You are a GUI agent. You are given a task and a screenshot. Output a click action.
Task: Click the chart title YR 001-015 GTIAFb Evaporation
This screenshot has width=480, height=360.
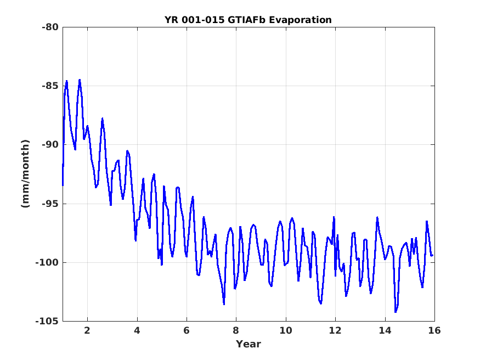coord(248,20)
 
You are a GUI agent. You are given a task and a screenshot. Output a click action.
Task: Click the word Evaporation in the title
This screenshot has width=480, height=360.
coord(300,20)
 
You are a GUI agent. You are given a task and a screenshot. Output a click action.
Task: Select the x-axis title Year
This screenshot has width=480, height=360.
coord(249,344)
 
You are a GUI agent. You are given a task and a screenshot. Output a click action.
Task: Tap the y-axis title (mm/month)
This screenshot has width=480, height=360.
coord(26,173)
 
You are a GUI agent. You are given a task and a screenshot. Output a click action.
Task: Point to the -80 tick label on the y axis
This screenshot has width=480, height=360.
coord(50,27)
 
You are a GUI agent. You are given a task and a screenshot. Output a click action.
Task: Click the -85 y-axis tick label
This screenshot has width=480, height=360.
coord(50,86)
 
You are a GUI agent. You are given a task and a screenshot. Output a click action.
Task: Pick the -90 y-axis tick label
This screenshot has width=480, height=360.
coord(50,144)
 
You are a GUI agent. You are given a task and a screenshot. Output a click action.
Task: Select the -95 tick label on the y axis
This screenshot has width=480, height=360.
coord(50,204)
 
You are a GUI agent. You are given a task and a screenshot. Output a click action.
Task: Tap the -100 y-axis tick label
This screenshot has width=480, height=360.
coord(47,262)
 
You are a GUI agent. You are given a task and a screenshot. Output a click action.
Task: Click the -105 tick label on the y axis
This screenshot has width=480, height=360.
coord(47,321)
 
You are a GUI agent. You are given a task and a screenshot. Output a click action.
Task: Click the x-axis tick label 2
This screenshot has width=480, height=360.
coord(87,330)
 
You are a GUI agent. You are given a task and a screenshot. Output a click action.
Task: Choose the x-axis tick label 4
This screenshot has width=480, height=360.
coord(137,330)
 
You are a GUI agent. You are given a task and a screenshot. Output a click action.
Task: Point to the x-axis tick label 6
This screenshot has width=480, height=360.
coord(187,330)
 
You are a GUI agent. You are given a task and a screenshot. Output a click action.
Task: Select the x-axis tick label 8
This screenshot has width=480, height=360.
coord(236,330)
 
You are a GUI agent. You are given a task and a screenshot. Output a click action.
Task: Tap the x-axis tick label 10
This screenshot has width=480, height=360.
coord(286,330)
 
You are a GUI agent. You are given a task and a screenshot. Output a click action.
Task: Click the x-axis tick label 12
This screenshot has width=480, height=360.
coord(335,330)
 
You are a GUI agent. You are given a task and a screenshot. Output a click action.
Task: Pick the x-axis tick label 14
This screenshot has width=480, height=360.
coord(385,330)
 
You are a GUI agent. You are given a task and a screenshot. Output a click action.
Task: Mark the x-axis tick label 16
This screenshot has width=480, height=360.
coord(434,330)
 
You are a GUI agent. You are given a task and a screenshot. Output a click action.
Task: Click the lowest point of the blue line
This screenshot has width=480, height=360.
coord(396,312)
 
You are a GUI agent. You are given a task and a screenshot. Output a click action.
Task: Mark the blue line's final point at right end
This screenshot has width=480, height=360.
coord(433,255)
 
